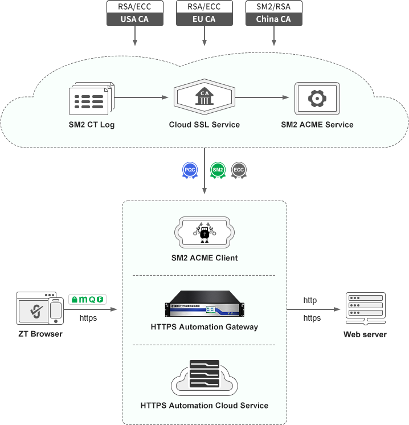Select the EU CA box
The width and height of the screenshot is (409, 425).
pyautogui.click(x=203, y=19)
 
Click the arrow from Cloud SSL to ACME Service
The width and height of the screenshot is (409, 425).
pyautogui.click(x=262, y=98)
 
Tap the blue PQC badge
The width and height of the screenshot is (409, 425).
pyautogui.click(x=190, y=170)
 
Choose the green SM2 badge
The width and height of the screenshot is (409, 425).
pyautogui.click(x=218, y=170)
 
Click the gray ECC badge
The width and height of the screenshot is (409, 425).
pyautogui.click(x=239, y=170)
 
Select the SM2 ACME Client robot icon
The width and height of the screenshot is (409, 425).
pyautogui.click(x=204, y=231)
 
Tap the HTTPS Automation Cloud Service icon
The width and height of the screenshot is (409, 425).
pyautogui.click(x=204, y=378)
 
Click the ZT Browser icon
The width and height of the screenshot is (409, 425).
pyautogui.click(x=39, y=309)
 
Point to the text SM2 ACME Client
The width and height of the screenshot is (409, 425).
pyautogui.click(x=204, y=258)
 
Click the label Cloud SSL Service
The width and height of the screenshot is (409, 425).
pyautogui.click(x=204, y=125)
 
